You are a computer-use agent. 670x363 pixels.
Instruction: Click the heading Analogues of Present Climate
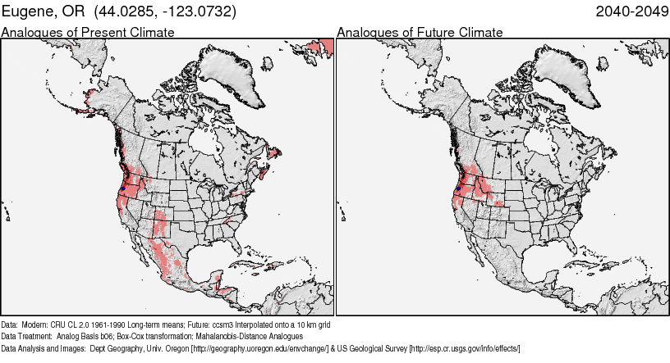88,33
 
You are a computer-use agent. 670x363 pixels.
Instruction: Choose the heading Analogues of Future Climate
420,33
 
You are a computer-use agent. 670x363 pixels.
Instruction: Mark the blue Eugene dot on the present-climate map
122,189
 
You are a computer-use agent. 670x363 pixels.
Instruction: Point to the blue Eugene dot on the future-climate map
457,189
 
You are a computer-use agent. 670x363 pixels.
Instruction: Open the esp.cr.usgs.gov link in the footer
466,348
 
